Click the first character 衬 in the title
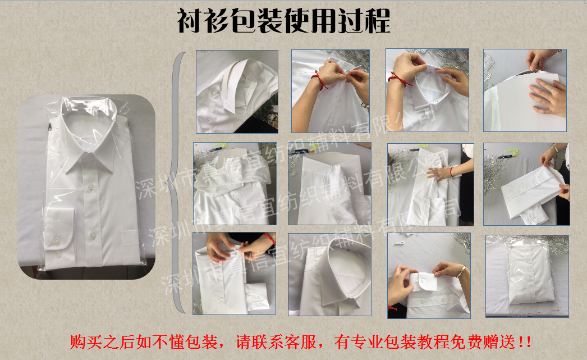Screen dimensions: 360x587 tap(190, 22)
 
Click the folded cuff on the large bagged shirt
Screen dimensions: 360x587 tap(57, 236)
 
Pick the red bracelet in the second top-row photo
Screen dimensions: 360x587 tap(321, 80)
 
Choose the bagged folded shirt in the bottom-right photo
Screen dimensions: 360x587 tap(527, 275)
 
